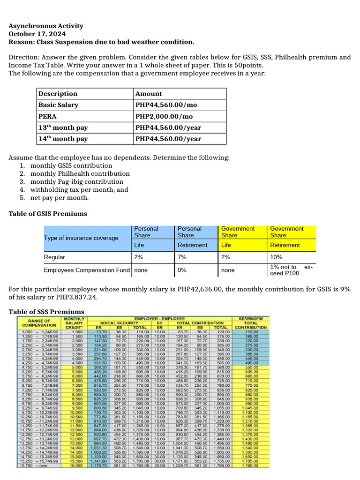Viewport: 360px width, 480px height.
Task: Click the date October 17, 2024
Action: click(x=37, y=34)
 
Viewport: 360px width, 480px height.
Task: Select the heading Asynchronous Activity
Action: click(x=46, y=26)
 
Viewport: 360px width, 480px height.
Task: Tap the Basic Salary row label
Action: click(x=58, y=105)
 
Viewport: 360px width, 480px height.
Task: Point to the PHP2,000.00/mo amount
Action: click(x=162, y=116)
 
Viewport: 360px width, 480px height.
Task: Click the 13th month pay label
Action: click(x=63, y=127)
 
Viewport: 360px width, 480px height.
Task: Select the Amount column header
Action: click(x=148, y=94)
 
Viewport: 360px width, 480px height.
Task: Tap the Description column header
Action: click(x=58, y=94)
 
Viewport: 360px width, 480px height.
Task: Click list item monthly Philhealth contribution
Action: click(x=80, y=174)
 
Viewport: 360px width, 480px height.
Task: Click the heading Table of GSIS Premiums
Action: click(x=48, y=214)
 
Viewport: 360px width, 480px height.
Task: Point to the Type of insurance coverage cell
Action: click(x=81, y=238)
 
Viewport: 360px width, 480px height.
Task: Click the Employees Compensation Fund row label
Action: click(x=86, y=270)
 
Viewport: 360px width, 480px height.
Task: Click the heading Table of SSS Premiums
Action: click(x=46, y=312)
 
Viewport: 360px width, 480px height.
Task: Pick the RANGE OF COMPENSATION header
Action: click(x=39, y=322)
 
